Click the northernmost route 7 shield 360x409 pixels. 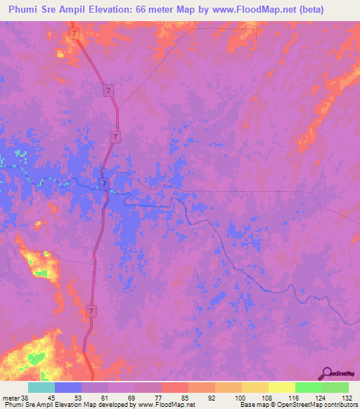click(73, 34)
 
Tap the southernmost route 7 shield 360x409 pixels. click(91, 310)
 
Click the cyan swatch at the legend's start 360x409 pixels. click(41, 387)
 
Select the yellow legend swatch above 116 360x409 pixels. click(282, 387)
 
